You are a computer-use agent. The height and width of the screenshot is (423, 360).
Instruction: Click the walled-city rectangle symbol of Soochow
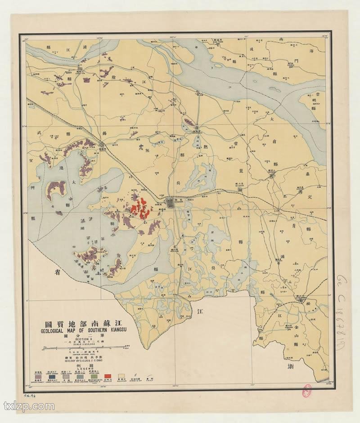[171, 202]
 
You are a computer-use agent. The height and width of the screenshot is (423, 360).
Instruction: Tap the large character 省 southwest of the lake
[58, 272]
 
